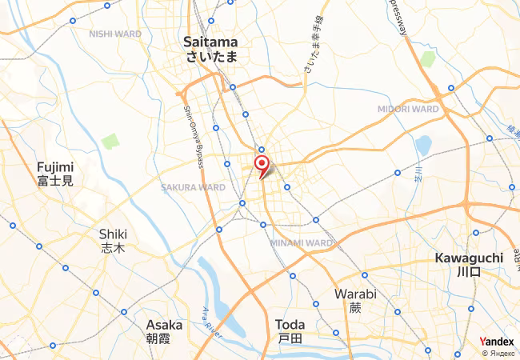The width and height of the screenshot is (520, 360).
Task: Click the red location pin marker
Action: (261, 165)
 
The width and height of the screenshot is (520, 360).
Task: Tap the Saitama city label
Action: (210, 42)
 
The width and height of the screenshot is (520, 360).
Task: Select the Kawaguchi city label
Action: (468, 258)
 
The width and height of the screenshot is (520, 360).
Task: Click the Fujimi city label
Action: (54, 167)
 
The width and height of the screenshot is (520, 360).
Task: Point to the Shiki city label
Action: (113, 234)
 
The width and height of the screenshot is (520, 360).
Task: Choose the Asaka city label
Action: (164, 326)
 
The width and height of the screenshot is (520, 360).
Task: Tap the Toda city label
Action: (290, 325)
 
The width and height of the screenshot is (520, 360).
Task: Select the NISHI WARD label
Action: (115, 34)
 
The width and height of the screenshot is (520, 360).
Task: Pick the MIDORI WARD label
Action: (408, 109)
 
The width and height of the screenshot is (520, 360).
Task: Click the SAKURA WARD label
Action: (193, 187)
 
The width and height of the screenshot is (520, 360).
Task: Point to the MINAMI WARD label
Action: (302, 242)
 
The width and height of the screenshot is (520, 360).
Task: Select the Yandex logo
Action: (497, 341)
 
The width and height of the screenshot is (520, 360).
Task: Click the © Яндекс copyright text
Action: (497, 353)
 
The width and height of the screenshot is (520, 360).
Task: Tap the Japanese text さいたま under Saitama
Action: (210, 57)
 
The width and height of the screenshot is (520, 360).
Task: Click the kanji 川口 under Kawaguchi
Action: (468, 272)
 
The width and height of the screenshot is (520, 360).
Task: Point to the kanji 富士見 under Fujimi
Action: (54, 182)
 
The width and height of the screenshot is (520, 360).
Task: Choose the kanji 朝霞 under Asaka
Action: (164, 339)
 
